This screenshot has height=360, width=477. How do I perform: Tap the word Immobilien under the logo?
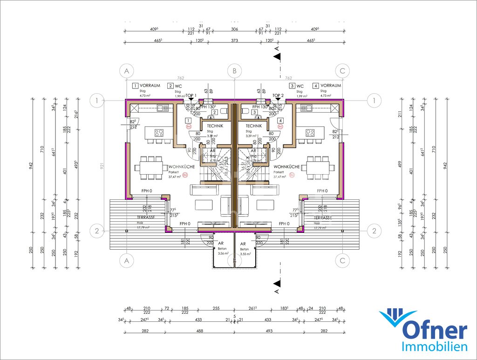434,347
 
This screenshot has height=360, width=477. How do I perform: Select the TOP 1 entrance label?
191,95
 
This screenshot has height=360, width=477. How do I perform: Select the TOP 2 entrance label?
278,95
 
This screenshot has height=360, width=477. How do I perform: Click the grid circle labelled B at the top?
234,71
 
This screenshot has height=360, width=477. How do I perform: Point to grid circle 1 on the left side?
96,100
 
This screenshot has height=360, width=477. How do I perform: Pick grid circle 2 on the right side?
374,230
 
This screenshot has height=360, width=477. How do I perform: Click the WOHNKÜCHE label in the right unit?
286,166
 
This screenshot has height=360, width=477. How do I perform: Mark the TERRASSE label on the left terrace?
145,217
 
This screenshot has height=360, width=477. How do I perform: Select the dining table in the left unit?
152,167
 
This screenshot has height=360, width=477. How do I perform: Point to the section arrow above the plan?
277,56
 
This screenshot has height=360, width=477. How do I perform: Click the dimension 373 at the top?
234,41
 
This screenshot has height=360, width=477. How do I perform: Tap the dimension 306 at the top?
234,29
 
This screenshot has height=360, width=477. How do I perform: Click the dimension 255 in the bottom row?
216,308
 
